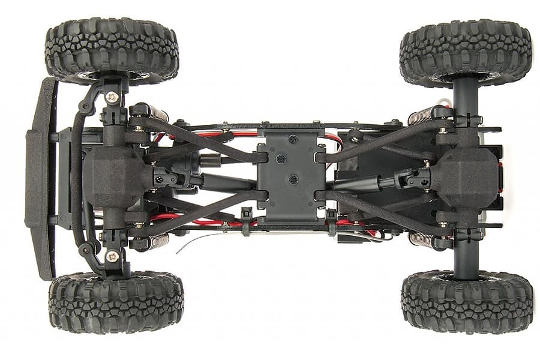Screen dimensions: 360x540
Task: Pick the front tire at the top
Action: (112, 50)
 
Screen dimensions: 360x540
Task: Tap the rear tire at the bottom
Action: (467, 301)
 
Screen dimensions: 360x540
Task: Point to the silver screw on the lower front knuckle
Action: (112, 256)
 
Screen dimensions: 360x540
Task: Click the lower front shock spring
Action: (157, 241)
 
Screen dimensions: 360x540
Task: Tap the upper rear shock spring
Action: (420, 116)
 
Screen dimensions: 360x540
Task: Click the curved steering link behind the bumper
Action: (77, 180)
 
